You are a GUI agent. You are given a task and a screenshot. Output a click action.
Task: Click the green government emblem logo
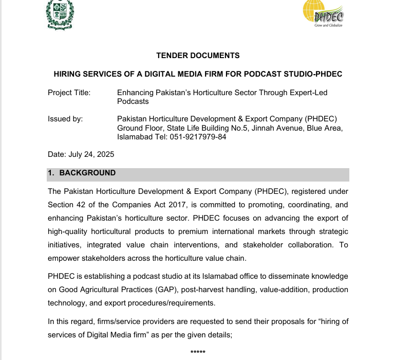pyautogui.click(x=60, y=14)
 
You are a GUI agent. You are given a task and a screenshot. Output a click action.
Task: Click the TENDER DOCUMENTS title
pyautogui.click(x=198, y=56)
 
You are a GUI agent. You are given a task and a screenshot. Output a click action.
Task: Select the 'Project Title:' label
pyautogui.click(x=69, y=93)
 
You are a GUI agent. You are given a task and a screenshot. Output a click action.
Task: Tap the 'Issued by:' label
pyautogui.click(x=65, y=119)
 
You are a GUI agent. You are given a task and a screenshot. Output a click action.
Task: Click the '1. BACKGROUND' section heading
pyautogui.click(x=82, y=173)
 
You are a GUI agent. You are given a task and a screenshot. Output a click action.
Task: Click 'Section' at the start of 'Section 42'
pyautogui.click(x=62, y=205)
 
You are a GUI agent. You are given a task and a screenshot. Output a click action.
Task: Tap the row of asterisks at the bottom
pyautogui.click(x=198, y=352)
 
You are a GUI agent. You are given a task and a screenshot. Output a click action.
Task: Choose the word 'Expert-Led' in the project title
pyautogui.click(x=309, y=93)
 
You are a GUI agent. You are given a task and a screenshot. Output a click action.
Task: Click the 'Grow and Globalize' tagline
pyautogui.click(x=328, y=25)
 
